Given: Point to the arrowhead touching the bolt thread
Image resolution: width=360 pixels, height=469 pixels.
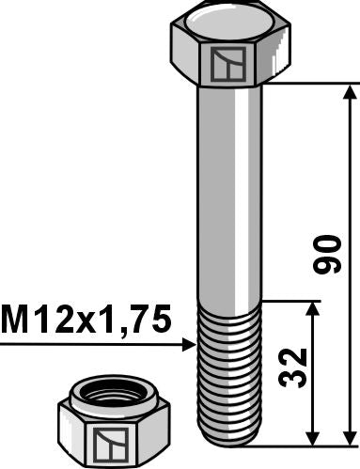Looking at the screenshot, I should [188, 345].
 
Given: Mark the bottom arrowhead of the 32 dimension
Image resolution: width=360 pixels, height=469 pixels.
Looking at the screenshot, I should [314, 439].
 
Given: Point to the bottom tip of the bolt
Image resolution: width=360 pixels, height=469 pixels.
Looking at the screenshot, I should [228, 444].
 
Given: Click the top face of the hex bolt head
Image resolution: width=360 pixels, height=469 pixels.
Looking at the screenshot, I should [228, 18].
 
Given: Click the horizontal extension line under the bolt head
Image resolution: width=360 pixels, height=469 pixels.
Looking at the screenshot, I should [310, 84].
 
